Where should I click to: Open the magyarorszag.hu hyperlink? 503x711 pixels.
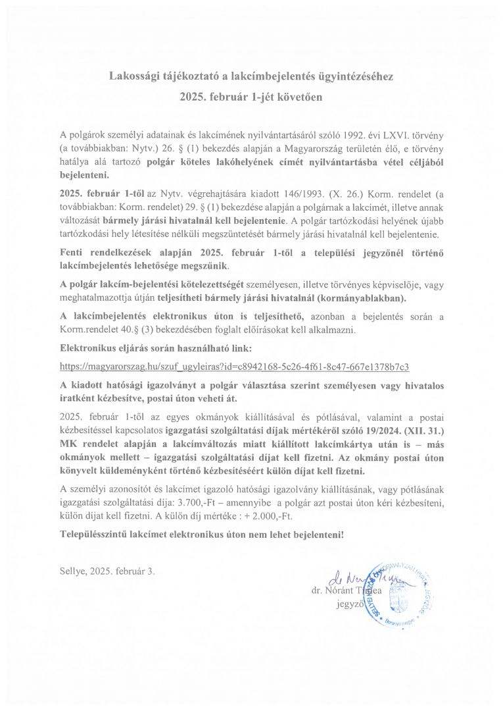coord(239,364)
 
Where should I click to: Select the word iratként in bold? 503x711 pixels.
coord(78,398)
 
